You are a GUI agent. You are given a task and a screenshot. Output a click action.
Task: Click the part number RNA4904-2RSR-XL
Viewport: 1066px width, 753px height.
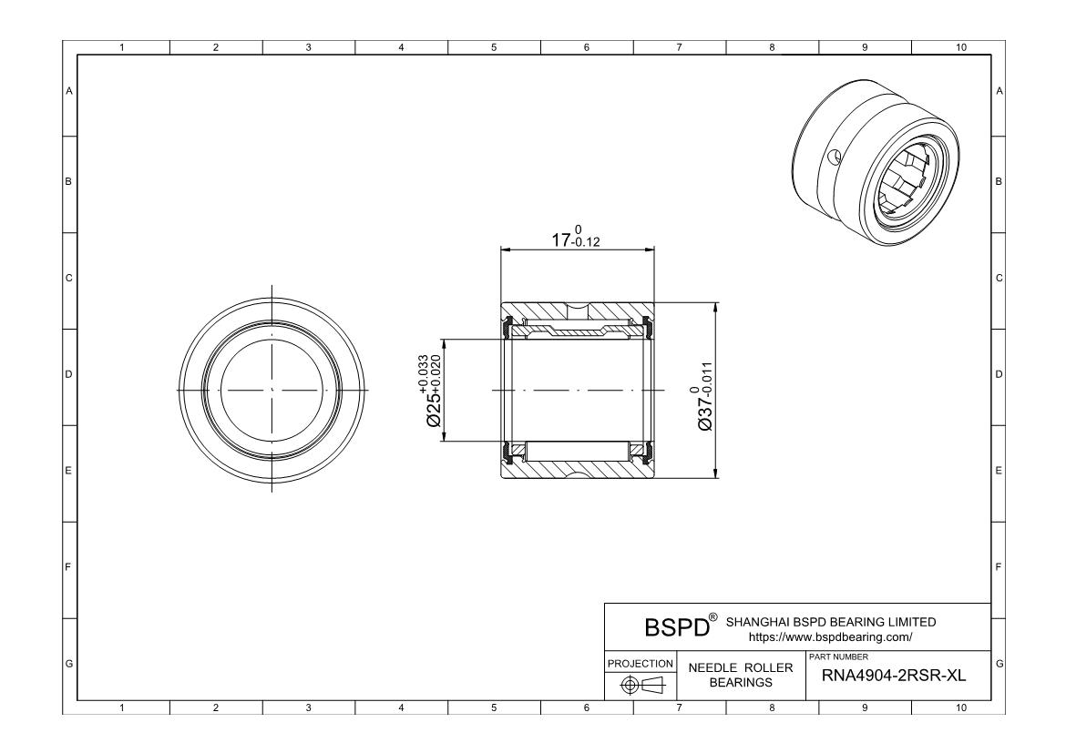pyautogui.click(x=893, y=676)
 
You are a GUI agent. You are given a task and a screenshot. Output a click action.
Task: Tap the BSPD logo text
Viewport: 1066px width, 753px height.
pyautogui.click(x=676, y=627)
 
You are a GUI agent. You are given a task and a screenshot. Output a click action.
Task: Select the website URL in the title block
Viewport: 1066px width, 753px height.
pyautogui.click(x=830, y=637)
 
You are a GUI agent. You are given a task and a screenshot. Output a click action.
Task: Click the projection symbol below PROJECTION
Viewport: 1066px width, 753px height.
pyautogui.click(x=641, y=685)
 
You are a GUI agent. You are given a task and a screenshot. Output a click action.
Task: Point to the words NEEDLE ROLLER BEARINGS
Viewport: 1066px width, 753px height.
pyautogui.click(x=741, y=675)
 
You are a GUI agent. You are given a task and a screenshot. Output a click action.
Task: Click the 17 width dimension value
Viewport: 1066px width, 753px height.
pyautogui.click(x=561, y=239)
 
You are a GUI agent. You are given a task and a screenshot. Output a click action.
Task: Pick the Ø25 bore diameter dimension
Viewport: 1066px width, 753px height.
pyautogui.click(x=433, y=391)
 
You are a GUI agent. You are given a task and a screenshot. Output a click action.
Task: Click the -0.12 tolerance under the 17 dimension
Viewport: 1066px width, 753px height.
pyautogui.click(x=586, y=242)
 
